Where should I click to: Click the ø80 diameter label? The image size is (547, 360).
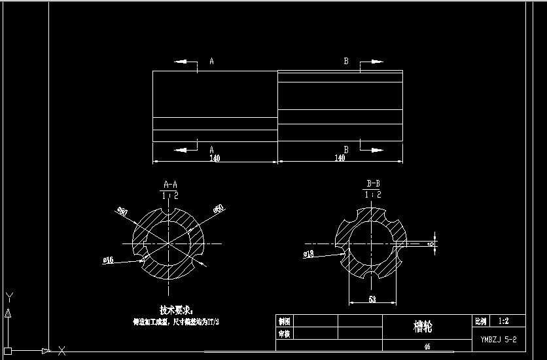pyautogui.click(x=122, y=211)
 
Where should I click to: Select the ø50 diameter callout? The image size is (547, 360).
pyautogui.click(x=219, y=209)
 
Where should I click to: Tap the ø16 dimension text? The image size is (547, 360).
pyautogui.click(x=109, y=260)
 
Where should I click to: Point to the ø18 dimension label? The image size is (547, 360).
pyautogui.click(x=309, y=253)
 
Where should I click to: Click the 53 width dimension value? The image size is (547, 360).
pyautogui.click(x=372, y=300)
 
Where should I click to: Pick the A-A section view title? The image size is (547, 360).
pyautogui.click(x=170, y=185)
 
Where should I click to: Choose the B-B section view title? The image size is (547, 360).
pyautogui.click(x=374, y=184)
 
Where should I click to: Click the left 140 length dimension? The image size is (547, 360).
pyautogui.click(x=215, y=158)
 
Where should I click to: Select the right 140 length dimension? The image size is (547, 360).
pyautogui.click(x=340, y=158)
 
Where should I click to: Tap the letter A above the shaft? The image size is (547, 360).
pyautogui.click(x=211, y=62)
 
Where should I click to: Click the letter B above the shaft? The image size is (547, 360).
pyautogui.click(x=347, y=62)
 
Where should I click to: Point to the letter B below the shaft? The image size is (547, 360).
pyautogui.click(x=346, y=149)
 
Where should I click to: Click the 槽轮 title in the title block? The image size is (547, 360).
pyautogui.click(x=423, y=326)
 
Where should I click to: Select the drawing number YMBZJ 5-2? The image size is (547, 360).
pyautogui.click(x=499, y=339)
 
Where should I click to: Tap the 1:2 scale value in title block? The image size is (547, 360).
pyautogui.click(x=504, y=321)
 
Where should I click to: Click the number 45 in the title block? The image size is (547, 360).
pyautogui.click(x=427, y=346)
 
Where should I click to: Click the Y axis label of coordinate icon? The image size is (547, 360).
pyautogui.click(x=9, y=298)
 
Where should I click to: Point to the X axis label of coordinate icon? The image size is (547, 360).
pyautogui.click(x=62, y=350)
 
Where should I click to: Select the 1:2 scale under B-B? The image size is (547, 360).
pyautogui.click(x=373, y=194)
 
